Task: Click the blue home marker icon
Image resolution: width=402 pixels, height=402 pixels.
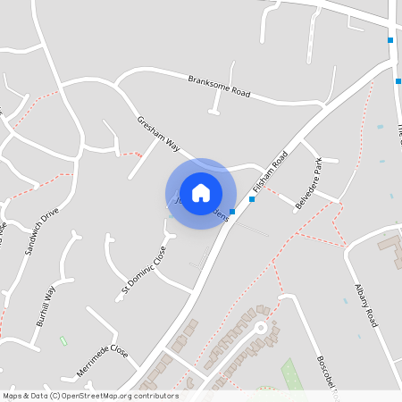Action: pos(201,193)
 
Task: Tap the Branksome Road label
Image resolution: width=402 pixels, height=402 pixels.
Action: pos(220,87)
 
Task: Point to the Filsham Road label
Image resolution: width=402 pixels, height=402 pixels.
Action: pos(270,172)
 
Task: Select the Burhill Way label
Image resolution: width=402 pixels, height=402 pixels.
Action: pos(44,305)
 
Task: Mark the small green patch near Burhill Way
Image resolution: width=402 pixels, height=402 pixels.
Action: pos(63,340)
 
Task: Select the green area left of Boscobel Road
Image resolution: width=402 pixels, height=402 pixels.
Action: pos(289,372)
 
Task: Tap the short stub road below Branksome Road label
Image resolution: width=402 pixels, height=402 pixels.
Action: pos(214,103)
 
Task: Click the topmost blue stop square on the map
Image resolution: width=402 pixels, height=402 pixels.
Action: pos(390,40)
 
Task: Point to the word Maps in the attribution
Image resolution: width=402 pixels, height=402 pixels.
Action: pos(13,396)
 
